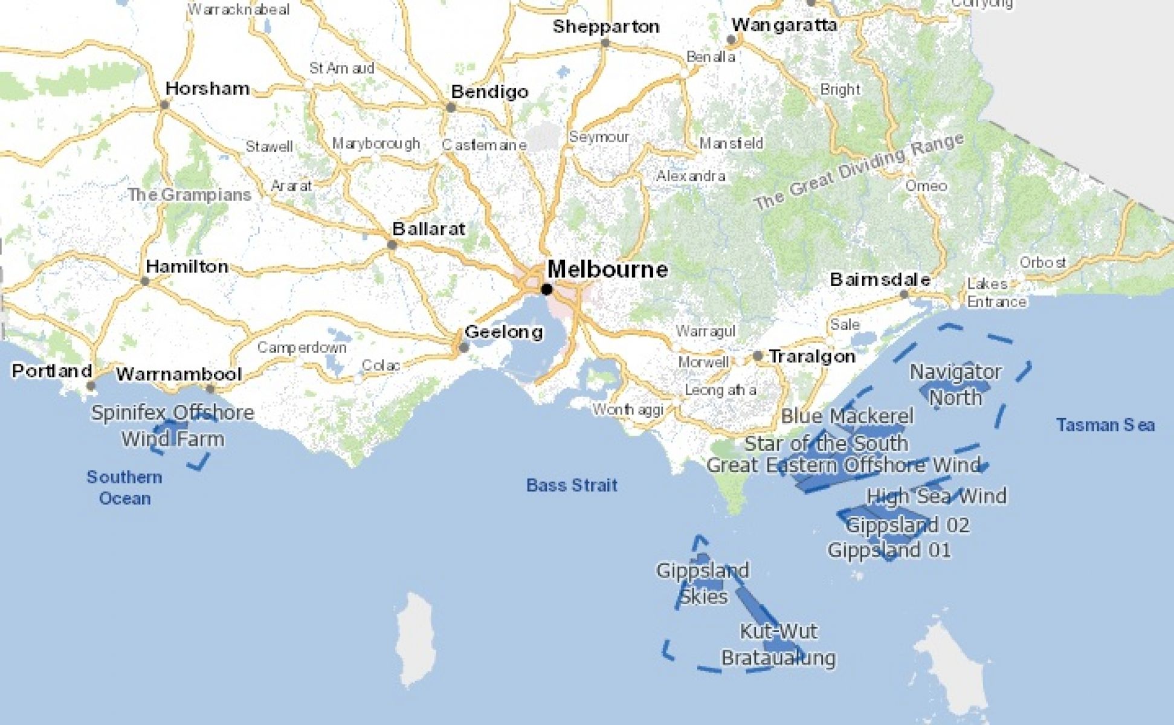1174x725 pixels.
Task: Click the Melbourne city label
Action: [x=607, y=269]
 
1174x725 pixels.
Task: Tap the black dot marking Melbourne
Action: [x=547, y=289]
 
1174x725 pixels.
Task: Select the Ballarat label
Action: [x=428, y=229]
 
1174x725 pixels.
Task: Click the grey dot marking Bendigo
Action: [x=451, y=108]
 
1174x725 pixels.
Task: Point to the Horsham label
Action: [x=207, y=89]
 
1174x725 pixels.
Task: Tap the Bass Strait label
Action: [x=572, y=485]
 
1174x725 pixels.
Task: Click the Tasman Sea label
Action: [x=1105, y=425]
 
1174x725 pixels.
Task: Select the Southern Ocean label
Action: [x=124, y=488]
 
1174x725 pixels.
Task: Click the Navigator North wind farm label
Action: [x=955, y=384]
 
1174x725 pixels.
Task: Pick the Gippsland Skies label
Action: [x=703, y=583]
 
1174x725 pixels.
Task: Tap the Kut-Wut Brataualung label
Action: [x=778, y=644]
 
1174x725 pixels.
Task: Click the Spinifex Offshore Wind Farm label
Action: [x=173, y=425]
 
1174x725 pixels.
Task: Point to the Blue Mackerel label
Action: [x=847, y=416]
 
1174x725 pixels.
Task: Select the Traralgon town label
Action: [x=811, y=356]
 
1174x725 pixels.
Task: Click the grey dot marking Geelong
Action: [x=463, y=347]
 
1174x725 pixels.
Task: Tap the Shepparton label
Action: [x=605, y=27]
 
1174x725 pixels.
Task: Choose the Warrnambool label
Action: [x=178, y=374]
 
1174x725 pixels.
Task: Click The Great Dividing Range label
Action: [x=859, y=172]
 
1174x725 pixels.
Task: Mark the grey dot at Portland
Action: [x=91, y=385]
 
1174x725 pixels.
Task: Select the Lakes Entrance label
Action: [x=996, y=292]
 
